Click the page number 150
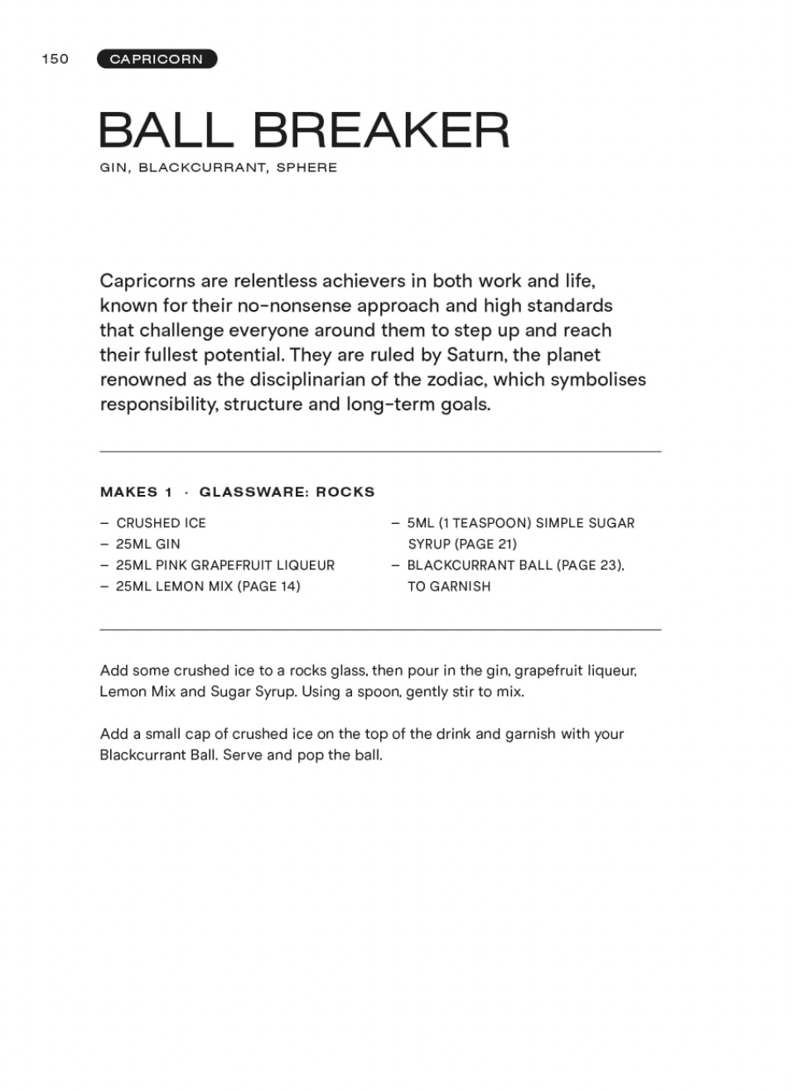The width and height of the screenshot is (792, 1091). coord(56,59)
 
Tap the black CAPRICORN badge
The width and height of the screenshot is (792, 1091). coord(157,59)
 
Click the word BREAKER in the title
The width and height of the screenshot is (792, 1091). coord(380,130)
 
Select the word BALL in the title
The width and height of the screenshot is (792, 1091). coord(166,130)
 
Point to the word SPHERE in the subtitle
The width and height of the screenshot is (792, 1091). coord(307,167)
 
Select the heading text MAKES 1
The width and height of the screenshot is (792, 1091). coord(137,492)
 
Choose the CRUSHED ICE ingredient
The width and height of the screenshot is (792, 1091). coord(161,523)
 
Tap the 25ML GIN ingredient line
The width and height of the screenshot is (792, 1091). coord(148,544)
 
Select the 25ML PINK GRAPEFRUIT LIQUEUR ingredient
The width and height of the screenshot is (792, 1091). coord(225,565)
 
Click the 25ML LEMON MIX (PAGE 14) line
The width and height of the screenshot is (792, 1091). coord(208,586)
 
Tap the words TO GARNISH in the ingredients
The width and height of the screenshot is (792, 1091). coord(449,586)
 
